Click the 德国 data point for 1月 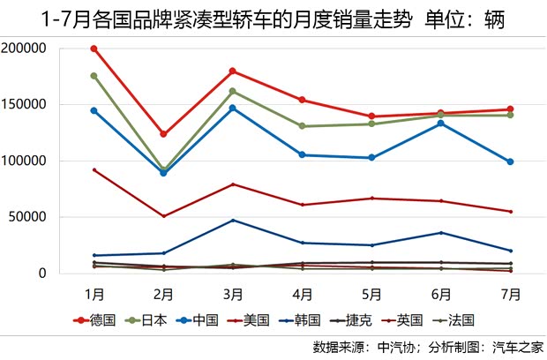click(x=94, y=49)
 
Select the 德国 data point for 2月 click(x=163, y=134)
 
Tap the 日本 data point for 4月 click(x=302, y=126)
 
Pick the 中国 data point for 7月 click(x=510, y=161)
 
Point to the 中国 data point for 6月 click(x=441, y=123)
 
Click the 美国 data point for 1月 click(x=94, y=170)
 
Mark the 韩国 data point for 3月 click(x=233, y=220)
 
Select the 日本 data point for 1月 click(x=94, y=76)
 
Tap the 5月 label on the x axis click(x=371, y=292)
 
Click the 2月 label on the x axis click(x=163, y=292)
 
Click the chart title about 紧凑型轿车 click(x=273, y=18)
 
